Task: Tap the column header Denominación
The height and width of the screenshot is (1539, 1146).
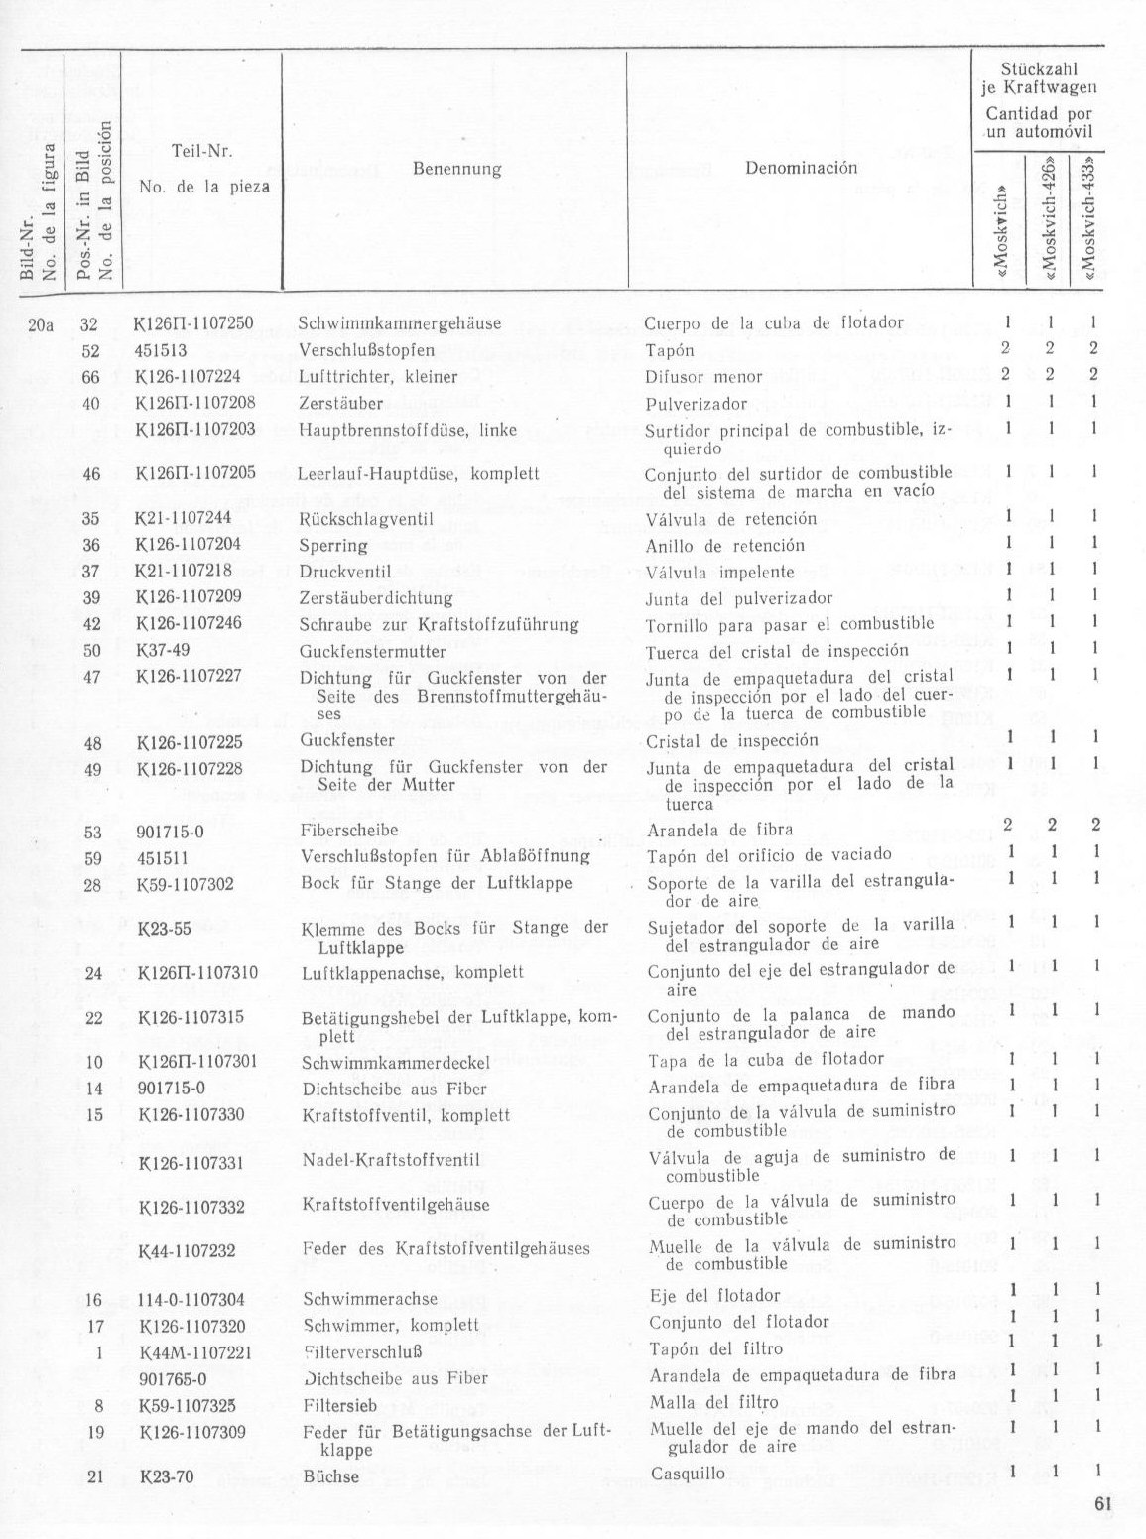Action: click(800, 168)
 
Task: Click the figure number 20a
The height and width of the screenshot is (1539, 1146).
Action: click(41, 323)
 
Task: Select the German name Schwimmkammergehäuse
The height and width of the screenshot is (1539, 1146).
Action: click(399, 323)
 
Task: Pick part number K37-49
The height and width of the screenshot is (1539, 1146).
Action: click(162, 651)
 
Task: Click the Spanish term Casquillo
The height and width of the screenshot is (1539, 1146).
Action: click(688, 1474)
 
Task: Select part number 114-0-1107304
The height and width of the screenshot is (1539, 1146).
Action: click(191, 1299)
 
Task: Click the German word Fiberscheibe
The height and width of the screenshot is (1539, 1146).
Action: click(349, 830)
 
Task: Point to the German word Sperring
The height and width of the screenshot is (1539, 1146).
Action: click(333, 545)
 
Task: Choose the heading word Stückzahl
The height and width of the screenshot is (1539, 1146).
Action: click(1036, 70)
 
